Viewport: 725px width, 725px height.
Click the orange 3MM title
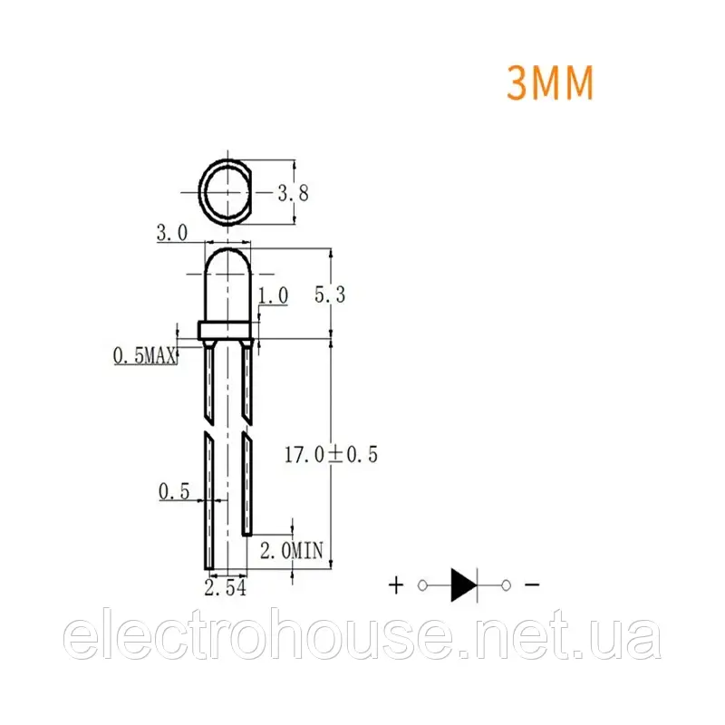550,82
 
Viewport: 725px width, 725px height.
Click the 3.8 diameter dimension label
293,192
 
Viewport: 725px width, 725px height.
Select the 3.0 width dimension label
172,233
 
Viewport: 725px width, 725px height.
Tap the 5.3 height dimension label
330,295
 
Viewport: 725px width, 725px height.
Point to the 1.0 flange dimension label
273,295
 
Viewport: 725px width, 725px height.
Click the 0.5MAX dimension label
145,355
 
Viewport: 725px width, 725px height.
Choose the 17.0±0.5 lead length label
331,455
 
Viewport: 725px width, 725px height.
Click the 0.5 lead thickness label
174,491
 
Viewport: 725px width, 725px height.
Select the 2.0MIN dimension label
291,551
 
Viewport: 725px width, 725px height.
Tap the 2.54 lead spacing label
225,587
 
